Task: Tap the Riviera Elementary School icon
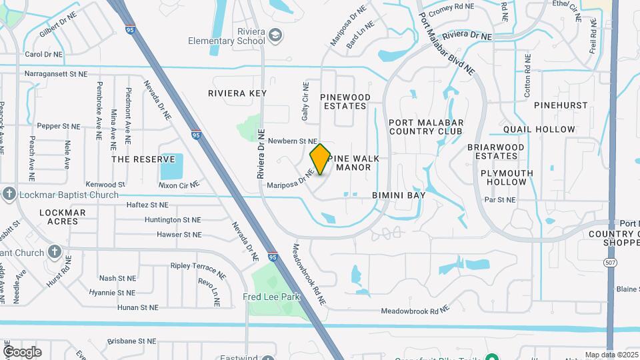(x=259, y=40)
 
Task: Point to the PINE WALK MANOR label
(x=353, y=163)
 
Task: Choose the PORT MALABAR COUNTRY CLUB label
(x=425, y=127)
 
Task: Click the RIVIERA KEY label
(x=237, y=93)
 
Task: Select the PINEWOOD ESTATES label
(x=345, y=101)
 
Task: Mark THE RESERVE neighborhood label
(x=138, y=159)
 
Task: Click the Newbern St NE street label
(x=292, y=141)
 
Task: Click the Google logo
(x=22, y=351)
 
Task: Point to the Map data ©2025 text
(x=611, y=355)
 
